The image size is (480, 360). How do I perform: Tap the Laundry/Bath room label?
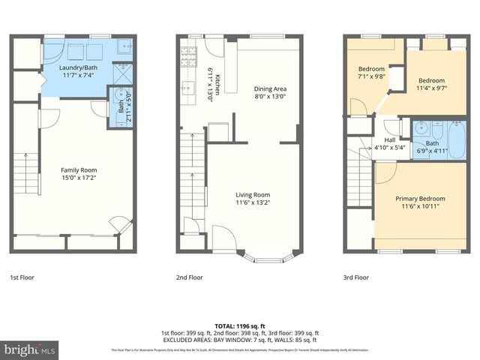79,68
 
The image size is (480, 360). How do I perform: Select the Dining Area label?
271,88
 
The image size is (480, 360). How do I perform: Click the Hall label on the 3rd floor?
389,139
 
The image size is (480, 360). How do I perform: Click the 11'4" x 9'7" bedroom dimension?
431,88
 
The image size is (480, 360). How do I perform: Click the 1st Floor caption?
22,277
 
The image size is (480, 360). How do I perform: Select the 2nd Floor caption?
189,277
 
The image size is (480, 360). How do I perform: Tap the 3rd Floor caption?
357,277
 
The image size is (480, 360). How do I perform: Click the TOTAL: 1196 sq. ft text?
240,326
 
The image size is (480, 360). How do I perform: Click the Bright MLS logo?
30,349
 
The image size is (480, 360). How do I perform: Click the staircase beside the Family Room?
26,172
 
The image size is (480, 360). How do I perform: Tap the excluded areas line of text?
240,339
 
